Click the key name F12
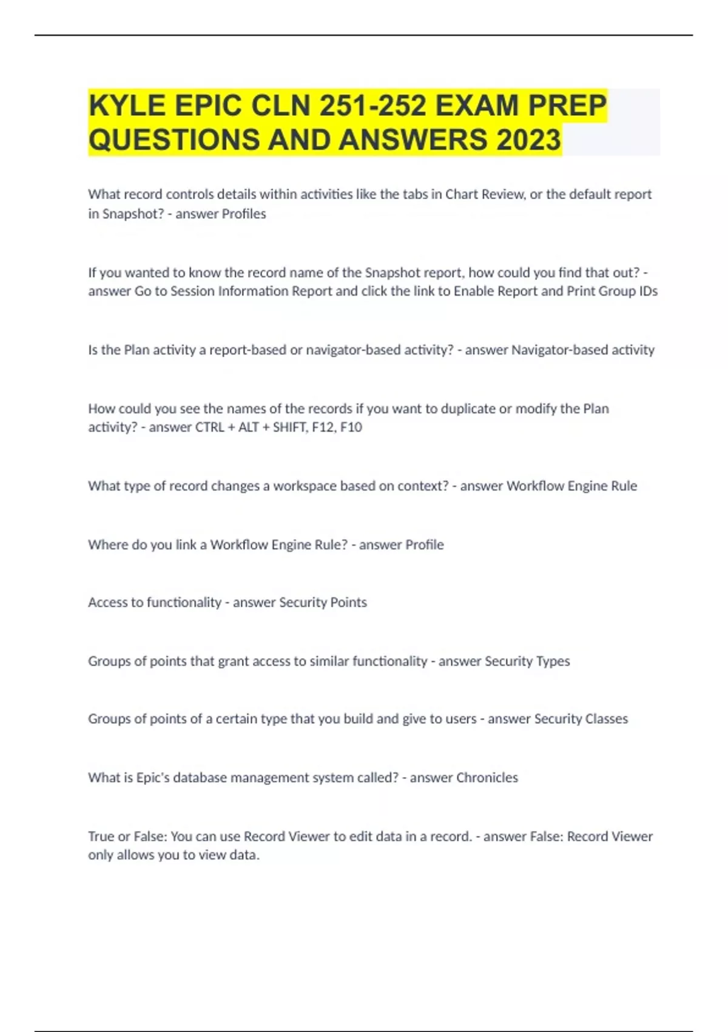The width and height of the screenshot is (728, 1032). (322, 427)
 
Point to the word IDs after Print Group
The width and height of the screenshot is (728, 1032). (649, 291)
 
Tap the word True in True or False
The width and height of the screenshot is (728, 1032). (101, 837)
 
